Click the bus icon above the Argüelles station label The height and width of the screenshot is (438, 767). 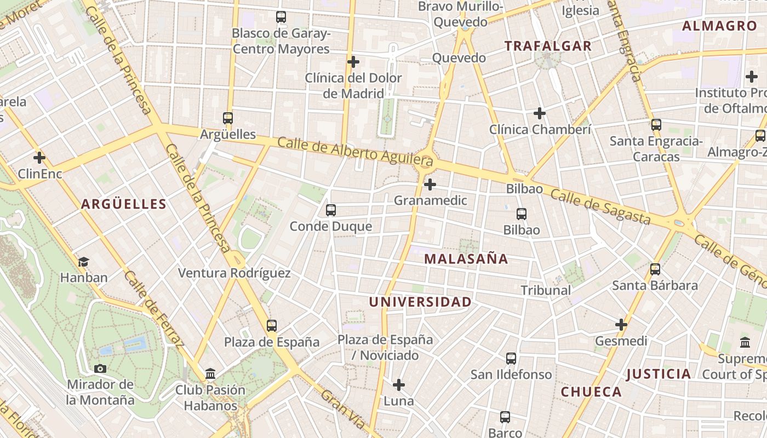point(228,118)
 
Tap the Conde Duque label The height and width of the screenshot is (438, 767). point(330,226)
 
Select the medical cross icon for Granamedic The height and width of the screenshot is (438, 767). point(430,185)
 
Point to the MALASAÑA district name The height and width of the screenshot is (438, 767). point(466,259)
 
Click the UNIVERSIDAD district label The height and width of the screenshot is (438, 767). point(420,302)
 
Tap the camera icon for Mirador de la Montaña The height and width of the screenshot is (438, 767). point(100,368)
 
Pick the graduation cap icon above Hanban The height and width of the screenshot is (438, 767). point(83,262)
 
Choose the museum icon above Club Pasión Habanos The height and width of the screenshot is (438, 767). point(210,374)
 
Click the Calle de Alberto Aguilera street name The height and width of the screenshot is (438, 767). point(355,152)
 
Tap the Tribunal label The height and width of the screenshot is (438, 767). point(546,290)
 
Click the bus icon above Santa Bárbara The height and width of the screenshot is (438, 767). point(655,269)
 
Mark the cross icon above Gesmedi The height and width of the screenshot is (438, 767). point(621,325)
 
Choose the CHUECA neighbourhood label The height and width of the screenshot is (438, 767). point(591,391)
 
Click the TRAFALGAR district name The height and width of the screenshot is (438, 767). point(548,46)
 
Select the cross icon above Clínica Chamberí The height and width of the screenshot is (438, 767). point(540,113)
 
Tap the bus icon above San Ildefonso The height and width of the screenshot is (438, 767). point(511,359)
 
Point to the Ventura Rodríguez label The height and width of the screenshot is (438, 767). point(234,273)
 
